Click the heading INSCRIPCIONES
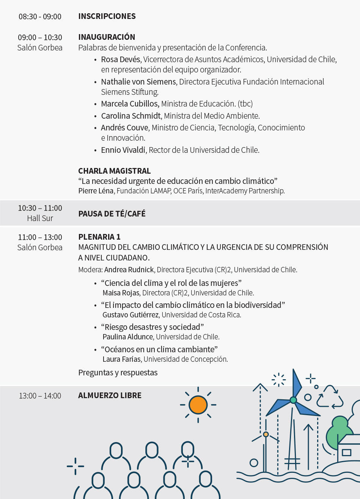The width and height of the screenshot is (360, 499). pyautogui.click(x=107, y=16)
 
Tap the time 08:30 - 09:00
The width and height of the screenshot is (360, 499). pyautogui.click(x=40, y=17)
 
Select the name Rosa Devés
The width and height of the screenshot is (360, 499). pyautogui.click(x=120, y=60)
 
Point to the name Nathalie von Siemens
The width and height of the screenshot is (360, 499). pyautogui.click(x=138, y=82)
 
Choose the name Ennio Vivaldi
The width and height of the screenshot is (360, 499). pyautogui.click(x=123, y=150)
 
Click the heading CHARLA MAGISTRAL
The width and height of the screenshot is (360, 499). pyautogui.click(x=114, y=171)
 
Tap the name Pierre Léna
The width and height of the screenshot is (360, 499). pyautogui.click(x=96, y=191)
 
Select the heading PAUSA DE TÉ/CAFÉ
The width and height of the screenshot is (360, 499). pyautogui.click(x=112, y=214)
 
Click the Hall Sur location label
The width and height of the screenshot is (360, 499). pyautogui.click(x=40, y=218)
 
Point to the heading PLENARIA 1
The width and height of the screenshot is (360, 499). pyautogui.click(x=99, y=237)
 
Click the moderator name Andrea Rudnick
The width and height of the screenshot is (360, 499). pyautogui.click(x=129, y=270)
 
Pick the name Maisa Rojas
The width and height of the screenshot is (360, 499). pyautogui.click(x=121, y=293)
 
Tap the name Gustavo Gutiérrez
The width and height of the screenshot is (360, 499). pyautogui.click(x=131, y=315)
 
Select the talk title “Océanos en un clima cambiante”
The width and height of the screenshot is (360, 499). pyautogui.click(x=159, y=349)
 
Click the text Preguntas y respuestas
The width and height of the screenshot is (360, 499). pyautogui.click(x=118, y=373)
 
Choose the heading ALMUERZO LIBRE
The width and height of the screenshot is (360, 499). pyautogui.click(x=110, y=395)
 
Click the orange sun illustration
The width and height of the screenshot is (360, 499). pyautogui.click(x=198, y=405)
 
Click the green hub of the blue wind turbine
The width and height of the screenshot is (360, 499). pyautogui.click(x=293, y=400)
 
